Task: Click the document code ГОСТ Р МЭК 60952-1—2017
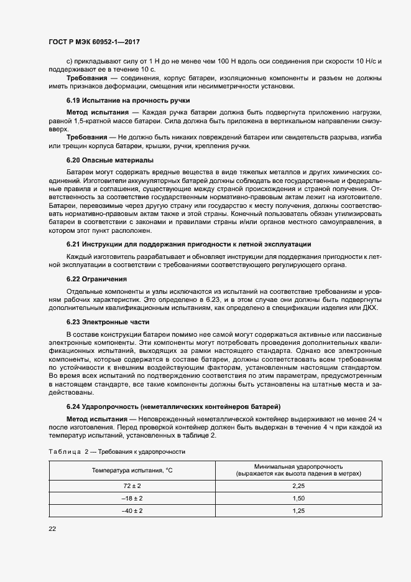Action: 93,42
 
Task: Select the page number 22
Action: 52,528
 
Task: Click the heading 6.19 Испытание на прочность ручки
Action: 128,100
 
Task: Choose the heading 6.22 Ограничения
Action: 96,279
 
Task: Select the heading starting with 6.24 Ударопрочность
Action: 173,406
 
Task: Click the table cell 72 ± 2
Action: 132,485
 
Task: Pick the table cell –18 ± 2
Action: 132,498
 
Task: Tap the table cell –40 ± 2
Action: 132,510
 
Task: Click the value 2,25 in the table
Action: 298,485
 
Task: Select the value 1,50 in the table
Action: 298,498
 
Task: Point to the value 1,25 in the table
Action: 298,510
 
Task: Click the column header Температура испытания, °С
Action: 132,469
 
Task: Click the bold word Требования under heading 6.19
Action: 86,136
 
